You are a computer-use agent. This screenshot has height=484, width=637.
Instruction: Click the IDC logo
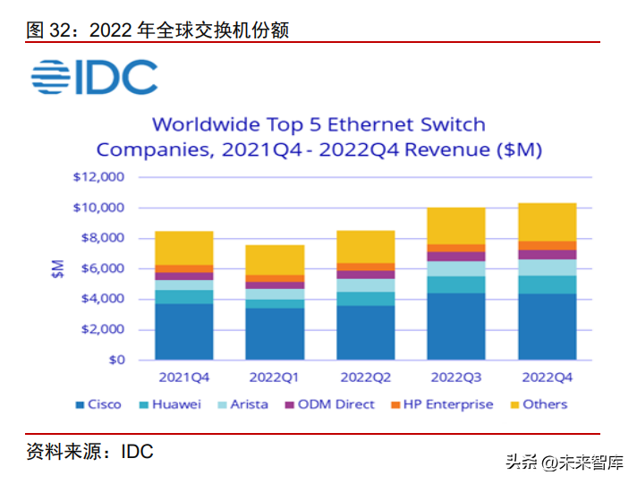pyautogui.click(x=94, y=77)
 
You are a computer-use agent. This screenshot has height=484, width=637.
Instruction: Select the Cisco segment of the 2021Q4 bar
pyautogui.click(x=183, y=331)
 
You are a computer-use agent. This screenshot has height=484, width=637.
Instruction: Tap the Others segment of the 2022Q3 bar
pyautogui.click(x=455, y=225)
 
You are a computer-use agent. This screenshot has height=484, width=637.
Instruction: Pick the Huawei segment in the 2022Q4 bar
pyautogui.click(x=547, y=284)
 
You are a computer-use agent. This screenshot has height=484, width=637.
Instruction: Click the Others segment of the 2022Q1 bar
pyautogui.click(x=275, y=259)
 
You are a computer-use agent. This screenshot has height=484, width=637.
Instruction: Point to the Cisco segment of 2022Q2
pyautogui.click(x=365, y=332)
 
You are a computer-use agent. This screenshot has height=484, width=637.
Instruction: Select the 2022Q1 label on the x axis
pyautogui.click(x=275, y=376)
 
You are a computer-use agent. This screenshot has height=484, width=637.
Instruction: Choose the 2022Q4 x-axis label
pyautogui.click(x=547, y=376)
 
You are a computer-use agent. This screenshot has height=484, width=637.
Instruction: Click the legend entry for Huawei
pyautogui.click(x=173, y=404)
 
